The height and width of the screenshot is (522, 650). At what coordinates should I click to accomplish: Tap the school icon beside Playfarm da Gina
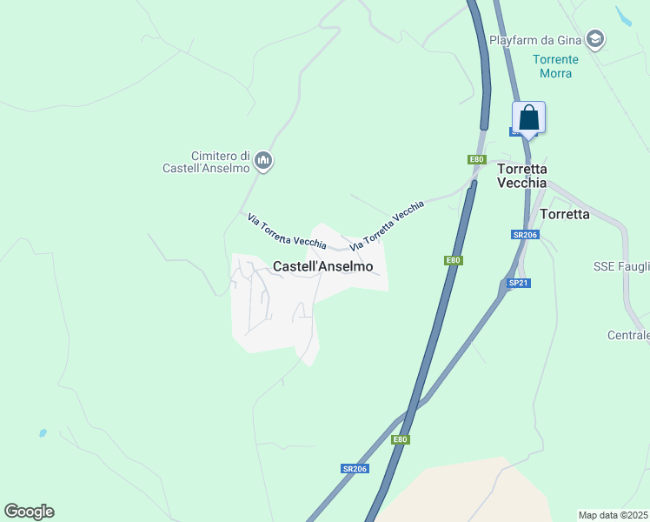(x=594, y=39)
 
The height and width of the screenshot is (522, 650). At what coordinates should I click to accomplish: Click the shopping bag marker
(x=528, y=118)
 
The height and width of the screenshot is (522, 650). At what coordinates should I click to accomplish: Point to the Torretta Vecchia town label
(x=521, y=176)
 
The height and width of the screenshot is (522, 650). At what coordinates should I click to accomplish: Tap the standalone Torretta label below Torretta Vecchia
(x=565, y=213)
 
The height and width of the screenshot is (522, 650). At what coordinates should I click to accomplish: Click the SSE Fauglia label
(x=621, y=266)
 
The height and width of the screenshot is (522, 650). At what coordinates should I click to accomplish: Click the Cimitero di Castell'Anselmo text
(x=206, y=161)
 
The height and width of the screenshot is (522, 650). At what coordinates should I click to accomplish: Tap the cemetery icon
(x=264, y=161)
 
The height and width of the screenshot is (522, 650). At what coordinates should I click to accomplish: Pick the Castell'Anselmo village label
(x=323, y=267)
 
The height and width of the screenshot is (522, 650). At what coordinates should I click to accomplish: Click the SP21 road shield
(x=519, y=283)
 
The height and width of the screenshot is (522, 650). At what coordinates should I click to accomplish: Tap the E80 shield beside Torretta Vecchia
(x=476, y=159)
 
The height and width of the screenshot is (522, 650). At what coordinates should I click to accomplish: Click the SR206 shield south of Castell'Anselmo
(x=355, y=469)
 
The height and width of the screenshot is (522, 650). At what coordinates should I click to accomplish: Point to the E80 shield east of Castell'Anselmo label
(x=453, y=260)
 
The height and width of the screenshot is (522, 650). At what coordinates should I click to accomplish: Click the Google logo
(x=29, y=512)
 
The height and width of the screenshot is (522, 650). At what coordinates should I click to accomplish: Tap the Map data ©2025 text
(x=613, y=515)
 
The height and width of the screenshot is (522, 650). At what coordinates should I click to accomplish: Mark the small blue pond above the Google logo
(x=42, y=432)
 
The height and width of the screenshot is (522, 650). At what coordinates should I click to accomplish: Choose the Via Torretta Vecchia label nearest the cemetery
(x=287, y=230)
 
